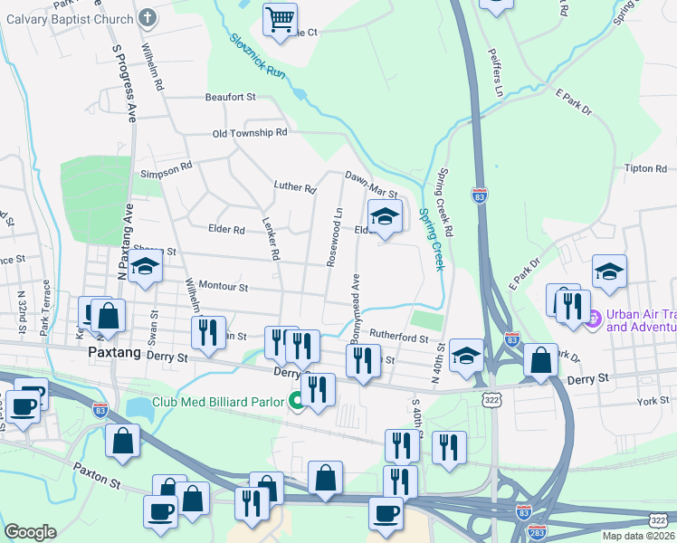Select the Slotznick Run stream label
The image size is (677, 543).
pyautogui.click(x=259, y=56)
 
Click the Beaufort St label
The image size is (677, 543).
pyautogui.click(x=231, y=97)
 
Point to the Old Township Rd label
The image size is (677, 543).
pyautogui.click(x=249, y=133)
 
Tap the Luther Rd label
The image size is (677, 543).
pyautogui.click(x=294, y=188)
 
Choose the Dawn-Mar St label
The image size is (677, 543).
pyautogui.click(x=370, y=185)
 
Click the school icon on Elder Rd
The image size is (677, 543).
pyautogui.click(x=385, y=217)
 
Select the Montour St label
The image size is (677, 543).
pyautogui.click(x=223, y=287)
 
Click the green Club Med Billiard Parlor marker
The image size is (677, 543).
pyautogui.click(x=297, y=402)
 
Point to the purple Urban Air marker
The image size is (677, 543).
pyautogui.click(x=594, y=319)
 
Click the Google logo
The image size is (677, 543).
pyautogui.click(x=30, y=532)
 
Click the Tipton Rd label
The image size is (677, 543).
pyautogui.click(x=645, y=168)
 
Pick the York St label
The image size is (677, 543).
pyautogui.click(x=652, y=400)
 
